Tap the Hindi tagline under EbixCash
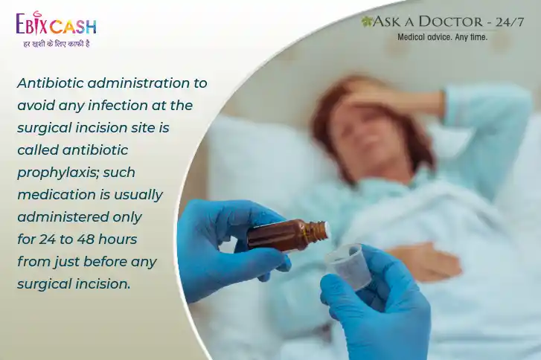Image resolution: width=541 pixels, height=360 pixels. pyautogui.click(x=57, y=44)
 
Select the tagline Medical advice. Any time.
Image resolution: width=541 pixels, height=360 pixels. pyautogui.click(x=442, y=37)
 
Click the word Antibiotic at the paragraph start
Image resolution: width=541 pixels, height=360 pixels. pyautogui.click(x=51, y=83)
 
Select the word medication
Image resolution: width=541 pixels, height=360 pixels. pyautogui.click(x=57, y=194)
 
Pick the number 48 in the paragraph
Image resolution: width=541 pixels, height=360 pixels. pyautogui.click(x=86, y=239)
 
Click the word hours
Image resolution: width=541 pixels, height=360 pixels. pyautogui.click(x=118, y=239)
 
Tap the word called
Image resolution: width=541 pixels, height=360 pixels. pyautogui.click(x=38, y=150)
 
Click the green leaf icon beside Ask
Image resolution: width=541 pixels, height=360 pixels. pyautogui.click(x=366, y=22)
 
